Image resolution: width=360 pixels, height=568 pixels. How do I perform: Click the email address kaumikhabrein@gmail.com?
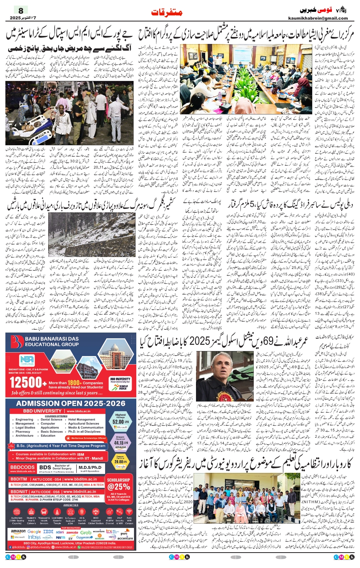click(x=318, y=18)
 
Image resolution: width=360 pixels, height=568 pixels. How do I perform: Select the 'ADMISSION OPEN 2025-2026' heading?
click(x=70, y=403)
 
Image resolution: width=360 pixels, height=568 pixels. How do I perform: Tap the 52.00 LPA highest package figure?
click(x=121, y=422)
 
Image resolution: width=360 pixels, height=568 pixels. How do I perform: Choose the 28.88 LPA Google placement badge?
click(x=121, y=462)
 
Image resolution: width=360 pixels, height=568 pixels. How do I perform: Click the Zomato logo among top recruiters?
click(x=72, y=532)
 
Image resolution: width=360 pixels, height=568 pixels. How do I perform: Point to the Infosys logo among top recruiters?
click(x=34, y=537)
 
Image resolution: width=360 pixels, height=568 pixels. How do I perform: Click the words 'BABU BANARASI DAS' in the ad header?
click(x=52, y=339)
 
